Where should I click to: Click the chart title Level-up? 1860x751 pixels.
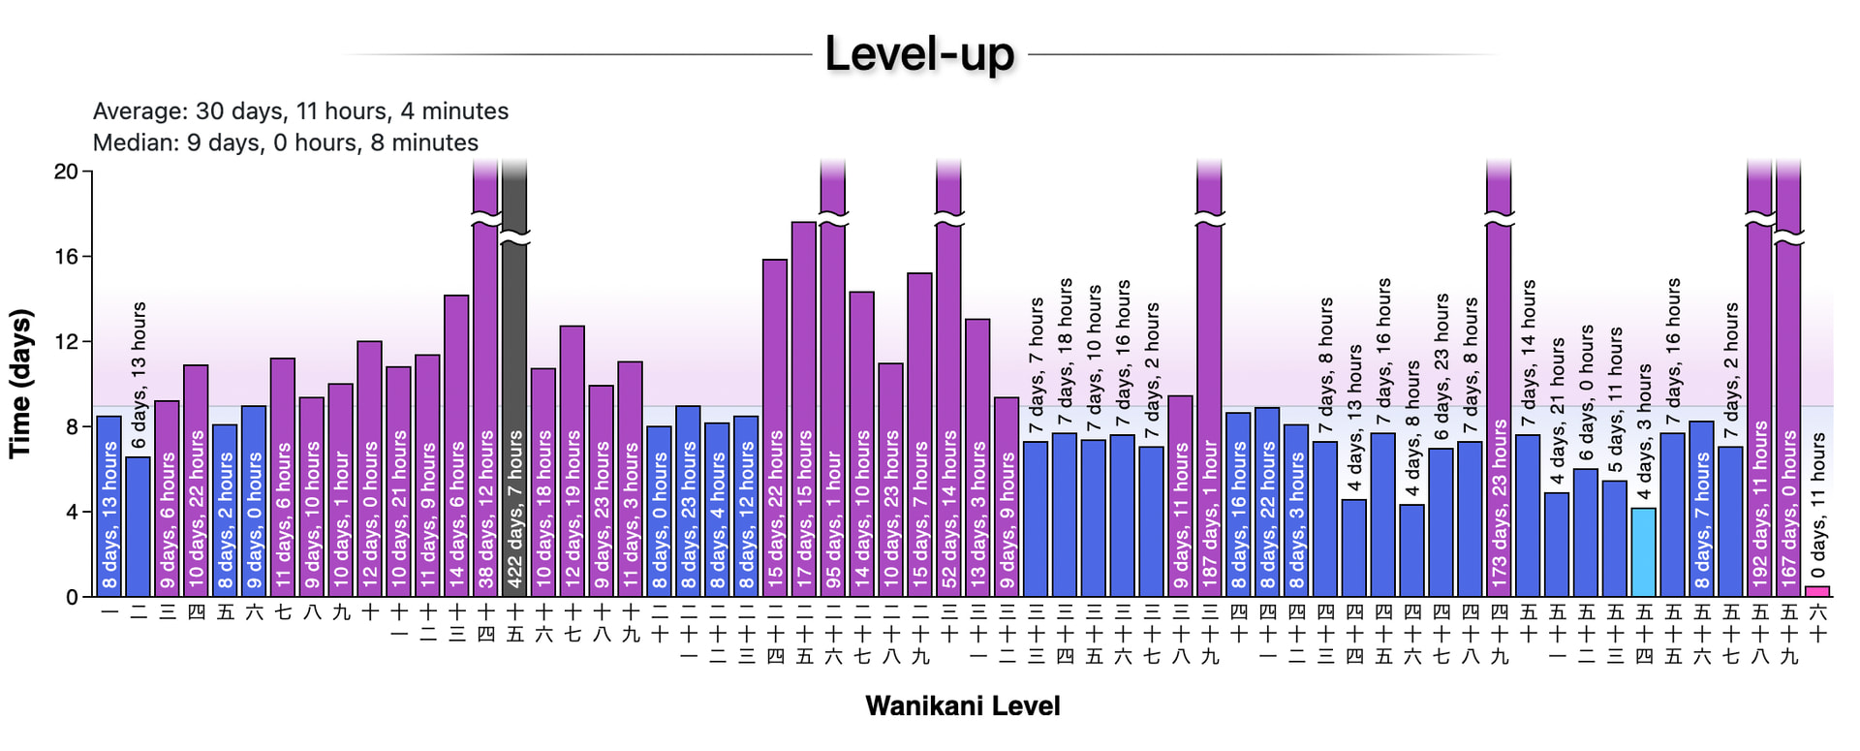tap(918, 54)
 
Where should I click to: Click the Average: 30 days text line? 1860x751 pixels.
tap(300, 111)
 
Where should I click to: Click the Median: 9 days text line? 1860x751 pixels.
tap(285, 142)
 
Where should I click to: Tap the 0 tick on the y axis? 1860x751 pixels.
tap(72, 597)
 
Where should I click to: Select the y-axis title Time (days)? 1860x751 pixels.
tap(20, 384)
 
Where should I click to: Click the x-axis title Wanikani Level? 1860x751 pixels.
tap(962, 705)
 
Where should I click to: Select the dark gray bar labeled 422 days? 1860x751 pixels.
tap(514, 388)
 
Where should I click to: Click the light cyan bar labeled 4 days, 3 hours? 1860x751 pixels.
tap(1644, 552)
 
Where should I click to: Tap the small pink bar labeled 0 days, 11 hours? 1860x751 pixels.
tap(1817, 591)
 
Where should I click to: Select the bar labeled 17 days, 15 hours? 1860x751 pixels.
tap(804, 407)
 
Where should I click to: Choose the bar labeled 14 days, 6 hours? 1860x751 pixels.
tap(456, 446)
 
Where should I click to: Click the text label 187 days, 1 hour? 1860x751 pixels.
tap(1210, 514)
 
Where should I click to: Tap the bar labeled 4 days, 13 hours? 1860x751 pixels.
tap(1354, 548)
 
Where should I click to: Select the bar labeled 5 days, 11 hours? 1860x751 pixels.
tap(1615, 538)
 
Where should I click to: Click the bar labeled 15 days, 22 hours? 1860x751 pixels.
tap(775, 426)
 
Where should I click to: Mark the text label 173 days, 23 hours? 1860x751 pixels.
tap(1500, 504)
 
